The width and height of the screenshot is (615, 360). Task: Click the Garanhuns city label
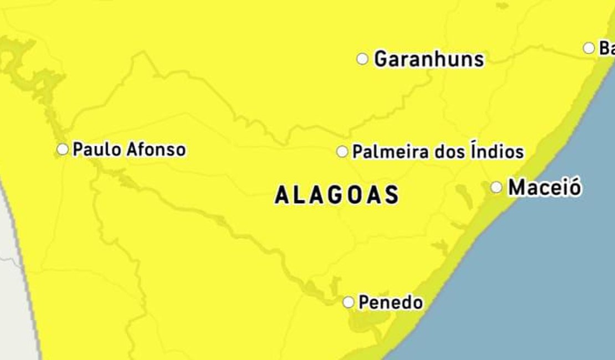click(429, 59)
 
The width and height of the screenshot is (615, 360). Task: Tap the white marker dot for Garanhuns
click(362, 59)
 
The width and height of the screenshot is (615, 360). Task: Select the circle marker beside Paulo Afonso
click(63, 149)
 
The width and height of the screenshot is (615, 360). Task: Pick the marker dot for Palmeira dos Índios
click(342, 151)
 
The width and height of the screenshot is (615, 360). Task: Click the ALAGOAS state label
click(337, 195)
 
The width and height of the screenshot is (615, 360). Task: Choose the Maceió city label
click(545, 187)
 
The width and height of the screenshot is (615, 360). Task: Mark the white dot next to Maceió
click(496, 187)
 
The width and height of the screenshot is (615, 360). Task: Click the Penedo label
click(391, 302)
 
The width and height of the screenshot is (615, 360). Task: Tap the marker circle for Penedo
click(348, 302)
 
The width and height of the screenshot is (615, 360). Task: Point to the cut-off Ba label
click(607, 48)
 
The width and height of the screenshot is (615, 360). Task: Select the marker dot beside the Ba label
click(589, 48)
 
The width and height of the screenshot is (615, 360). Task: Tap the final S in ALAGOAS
click(392, 195)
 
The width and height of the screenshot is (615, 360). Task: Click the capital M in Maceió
click(517, 187)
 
